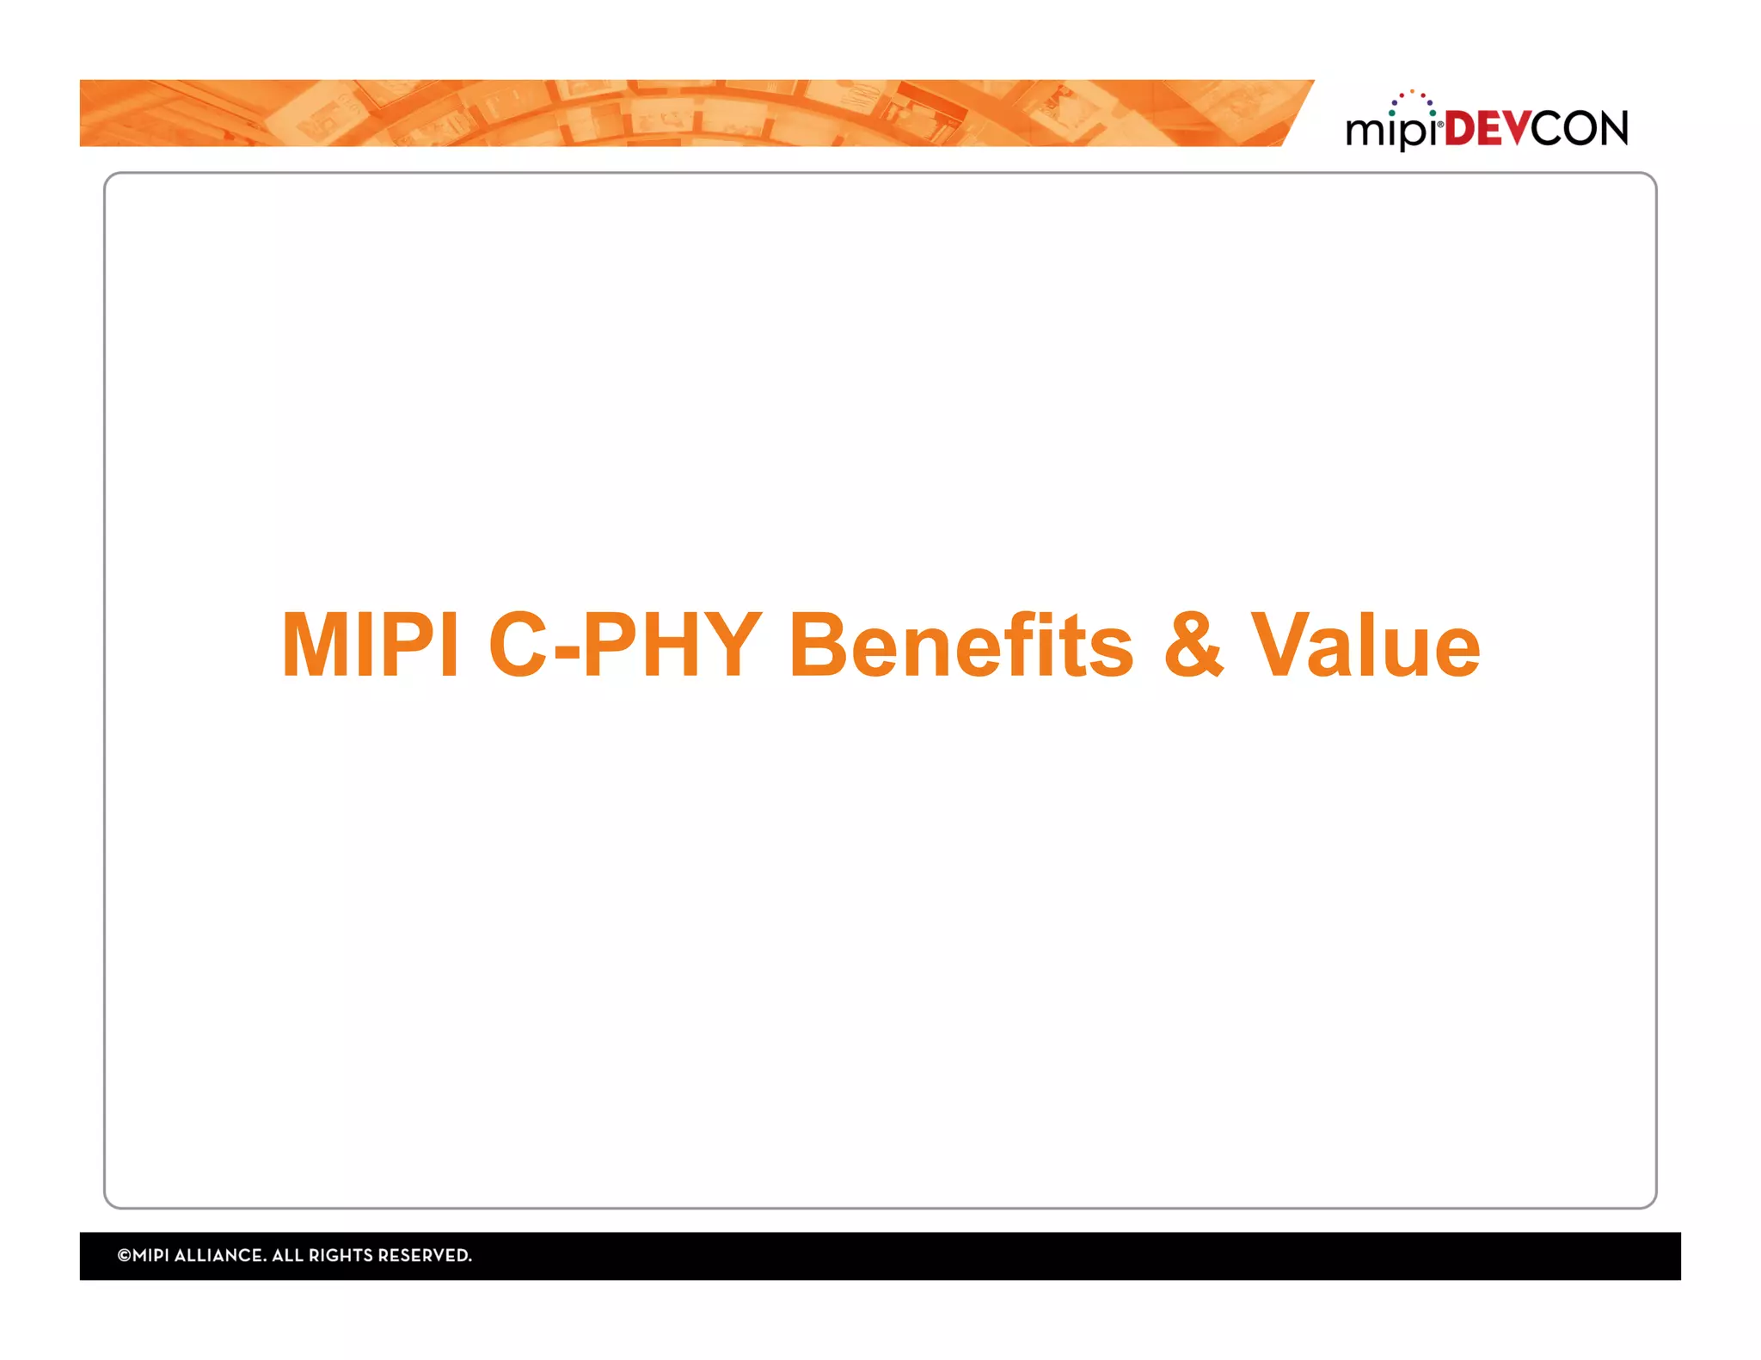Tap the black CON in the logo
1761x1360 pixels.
(x=1580, y=129)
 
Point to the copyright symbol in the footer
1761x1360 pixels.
(x=124, y=1255)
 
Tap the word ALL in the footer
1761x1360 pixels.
(x=287, y=1255)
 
